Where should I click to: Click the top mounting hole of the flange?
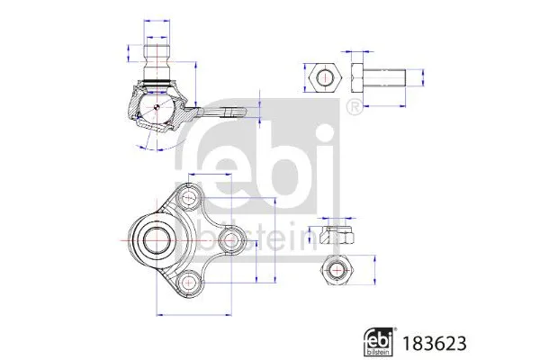pos(187,195)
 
